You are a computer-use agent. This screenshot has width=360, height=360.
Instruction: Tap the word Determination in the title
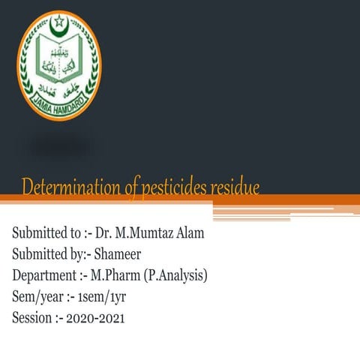71,187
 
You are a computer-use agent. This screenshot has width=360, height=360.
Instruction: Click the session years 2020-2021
95,318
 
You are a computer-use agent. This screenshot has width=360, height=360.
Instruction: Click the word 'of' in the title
133,187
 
